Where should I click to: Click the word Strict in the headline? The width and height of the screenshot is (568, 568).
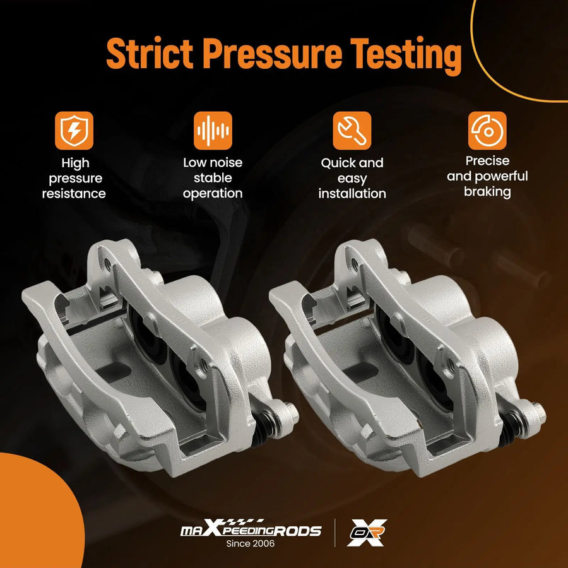tap(150, 54)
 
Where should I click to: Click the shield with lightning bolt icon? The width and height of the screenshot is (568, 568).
tap(74, 131)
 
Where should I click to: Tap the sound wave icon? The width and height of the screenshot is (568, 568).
tap(213, 131)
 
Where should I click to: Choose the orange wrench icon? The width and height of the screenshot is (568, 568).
tap(352, 131)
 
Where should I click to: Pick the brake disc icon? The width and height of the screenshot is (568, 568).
tap(487, 131)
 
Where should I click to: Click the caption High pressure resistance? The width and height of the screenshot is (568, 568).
tap(74, 178)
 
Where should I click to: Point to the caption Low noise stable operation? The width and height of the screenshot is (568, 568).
tap(213, 178)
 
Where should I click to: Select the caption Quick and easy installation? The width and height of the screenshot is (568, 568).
tap(352, 178)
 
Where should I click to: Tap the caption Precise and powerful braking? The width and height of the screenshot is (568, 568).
tap(487, 177)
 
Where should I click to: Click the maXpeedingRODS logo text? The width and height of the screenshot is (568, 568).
tap(251, 529)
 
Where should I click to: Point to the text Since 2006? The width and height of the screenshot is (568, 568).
tap(251, 543)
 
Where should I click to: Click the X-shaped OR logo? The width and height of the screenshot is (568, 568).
tap(367, 533)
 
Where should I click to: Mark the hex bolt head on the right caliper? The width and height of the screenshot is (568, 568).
tap(539, 412)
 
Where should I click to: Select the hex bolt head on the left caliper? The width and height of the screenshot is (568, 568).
tap(292, 412)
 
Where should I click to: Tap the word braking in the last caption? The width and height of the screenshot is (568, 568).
tap(487, 192)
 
